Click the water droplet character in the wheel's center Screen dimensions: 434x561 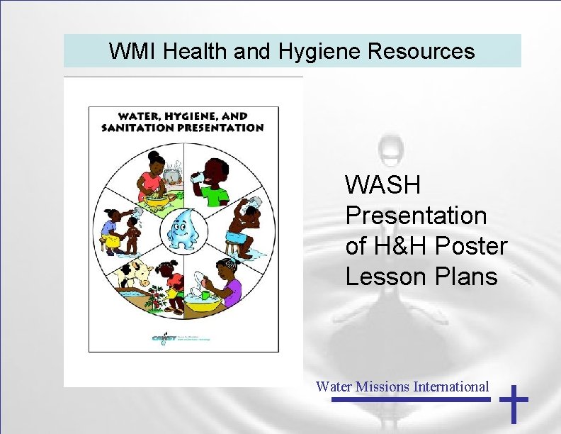tap(184, 229)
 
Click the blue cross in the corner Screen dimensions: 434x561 tap(514, 404)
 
